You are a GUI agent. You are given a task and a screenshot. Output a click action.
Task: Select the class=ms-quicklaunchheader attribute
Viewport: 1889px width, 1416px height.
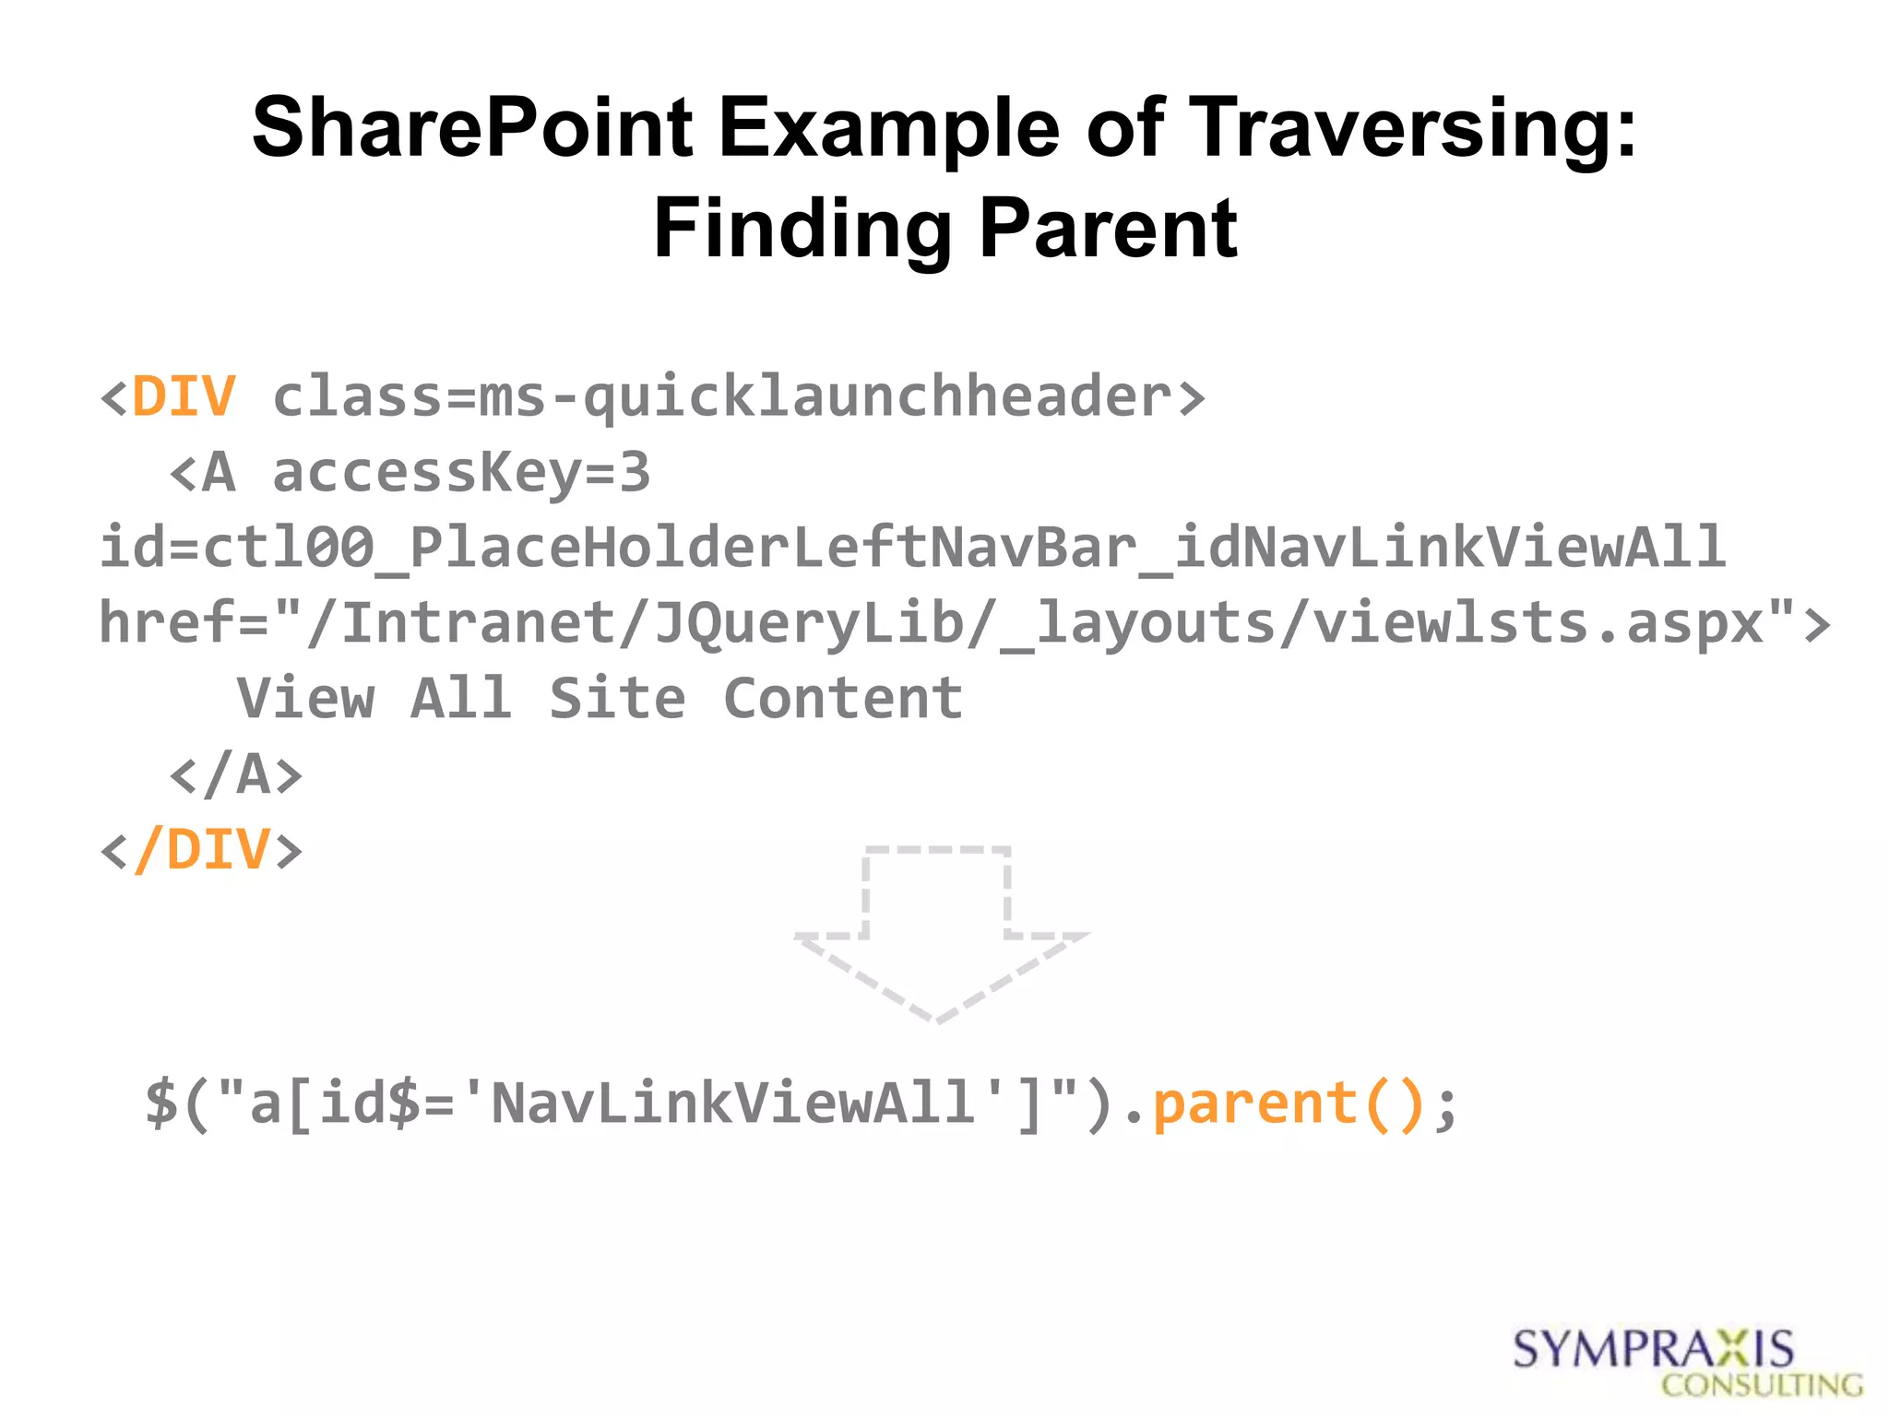722,398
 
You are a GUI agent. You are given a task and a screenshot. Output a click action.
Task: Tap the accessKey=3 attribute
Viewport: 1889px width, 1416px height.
461,473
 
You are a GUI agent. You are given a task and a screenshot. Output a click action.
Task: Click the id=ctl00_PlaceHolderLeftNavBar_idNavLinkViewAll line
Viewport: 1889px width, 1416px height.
911,548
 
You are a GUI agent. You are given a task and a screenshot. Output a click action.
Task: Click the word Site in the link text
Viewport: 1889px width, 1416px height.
617,698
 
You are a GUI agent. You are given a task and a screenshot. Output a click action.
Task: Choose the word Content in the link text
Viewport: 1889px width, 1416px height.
843,698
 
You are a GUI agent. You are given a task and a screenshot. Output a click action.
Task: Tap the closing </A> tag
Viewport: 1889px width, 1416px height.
236,773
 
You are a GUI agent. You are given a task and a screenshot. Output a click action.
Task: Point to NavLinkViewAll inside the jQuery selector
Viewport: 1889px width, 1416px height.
732,1103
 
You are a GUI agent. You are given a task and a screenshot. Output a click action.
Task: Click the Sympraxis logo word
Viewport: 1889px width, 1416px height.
1653,1350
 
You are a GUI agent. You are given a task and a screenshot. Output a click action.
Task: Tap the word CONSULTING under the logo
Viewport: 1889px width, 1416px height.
1762,1386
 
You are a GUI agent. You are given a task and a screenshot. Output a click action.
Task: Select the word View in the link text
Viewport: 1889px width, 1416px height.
305,698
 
